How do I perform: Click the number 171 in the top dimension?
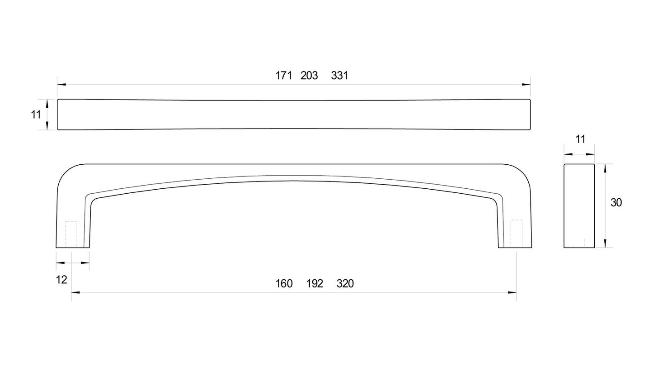284,76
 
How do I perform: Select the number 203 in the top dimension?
309,76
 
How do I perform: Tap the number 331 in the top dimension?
340,76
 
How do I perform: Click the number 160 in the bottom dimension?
284,284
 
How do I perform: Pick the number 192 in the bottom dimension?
315,284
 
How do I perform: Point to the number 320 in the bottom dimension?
345,284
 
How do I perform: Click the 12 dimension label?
61,280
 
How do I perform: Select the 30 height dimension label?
616,202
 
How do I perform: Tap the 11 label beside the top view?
36,115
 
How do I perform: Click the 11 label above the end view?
580,139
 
